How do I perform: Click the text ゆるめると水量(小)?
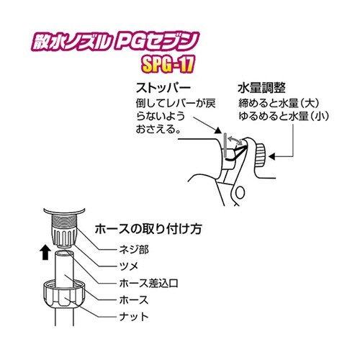point(276,117)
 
